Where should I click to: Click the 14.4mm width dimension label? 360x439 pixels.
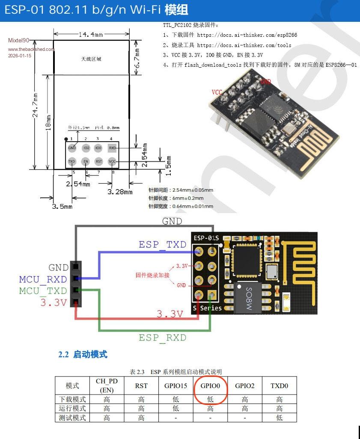tap(91, 34)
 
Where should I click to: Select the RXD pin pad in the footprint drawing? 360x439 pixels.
tap(112, 148)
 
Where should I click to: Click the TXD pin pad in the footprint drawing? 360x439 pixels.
tap(72, 162)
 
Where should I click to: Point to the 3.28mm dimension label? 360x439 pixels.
tap(120, 192)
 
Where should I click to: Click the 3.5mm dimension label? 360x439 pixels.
tap(62, 206)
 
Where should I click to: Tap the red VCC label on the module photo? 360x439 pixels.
tap(217, 92)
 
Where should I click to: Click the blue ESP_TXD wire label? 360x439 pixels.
tap(163, 244)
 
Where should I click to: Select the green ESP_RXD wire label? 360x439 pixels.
tap(162, 338)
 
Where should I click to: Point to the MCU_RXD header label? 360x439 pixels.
tap(43, 279)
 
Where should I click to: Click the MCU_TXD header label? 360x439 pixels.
tap(43, 291)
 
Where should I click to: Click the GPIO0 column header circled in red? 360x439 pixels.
tap(210, 386)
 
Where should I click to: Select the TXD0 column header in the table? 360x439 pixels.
tap(279, 386)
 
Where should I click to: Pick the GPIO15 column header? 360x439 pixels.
tap(176, 386)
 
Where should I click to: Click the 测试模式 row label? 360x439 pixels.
tap(72, 417)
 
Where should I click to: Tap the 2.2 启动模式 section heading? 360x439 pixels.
tap(83, 354)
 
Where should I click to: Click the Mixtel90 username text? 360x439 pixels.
tap(19, 41)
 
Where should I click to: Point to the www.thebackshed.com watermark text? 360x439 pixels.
tap(31, 49)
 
